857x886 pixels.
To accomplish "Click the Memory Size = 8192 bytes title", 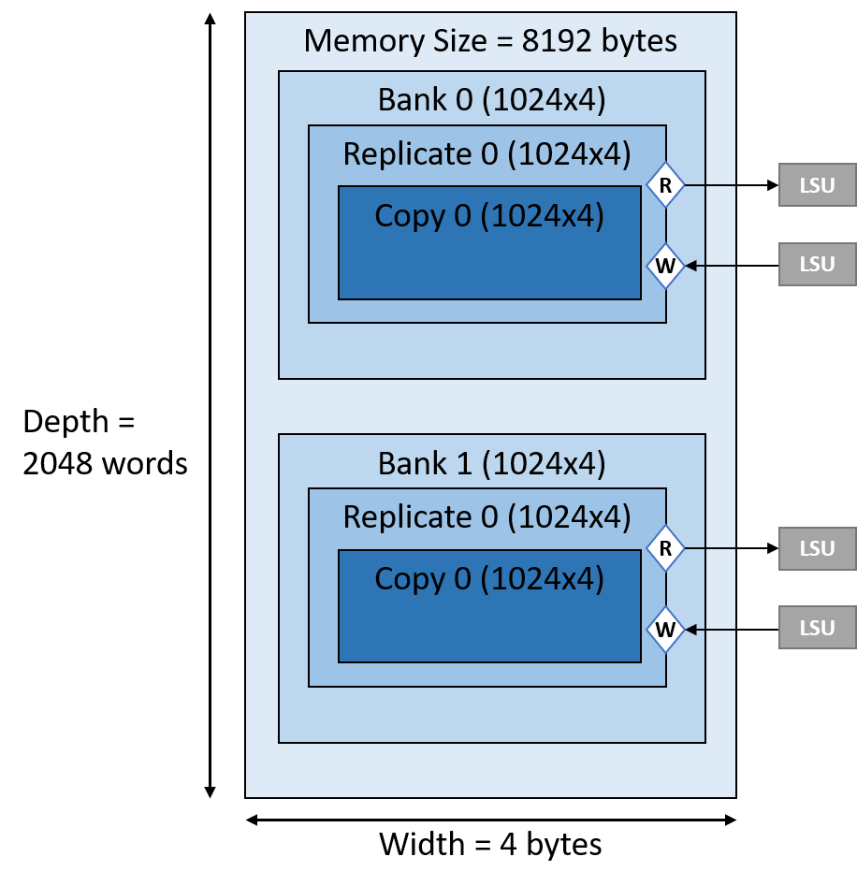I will [490, 41].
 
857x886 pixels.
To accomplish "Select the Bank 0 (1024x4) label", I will [491, 99].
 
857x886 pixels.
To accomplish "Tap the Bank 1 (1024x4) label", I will [491, 463].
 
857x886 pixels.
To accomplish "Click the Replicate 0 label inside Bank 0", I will [487, 153].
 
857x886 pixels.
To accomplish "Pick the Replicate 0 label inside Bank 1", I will [487, 516].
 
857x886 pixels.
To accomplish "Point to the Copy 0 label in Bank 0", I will [489, 216].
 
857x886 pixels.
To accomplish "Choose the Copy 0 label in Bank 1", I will [489, 579].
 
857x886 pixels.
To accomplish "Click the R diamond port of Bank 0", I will [665, 185].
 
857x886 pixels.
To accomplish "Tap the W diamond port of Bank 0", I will [665, 266].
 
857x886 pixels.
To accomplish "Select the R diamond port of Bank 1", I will [665, 548].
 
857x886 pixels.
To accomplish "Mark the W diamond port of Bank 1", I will [665, 629].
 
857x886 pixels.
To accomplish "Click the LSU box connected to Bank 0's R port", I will [817, 185].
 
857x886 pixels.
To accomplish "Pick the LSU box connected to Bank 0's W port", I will [817, 265].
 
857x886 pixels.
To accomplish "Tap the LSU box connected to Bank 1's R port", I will [817, 548].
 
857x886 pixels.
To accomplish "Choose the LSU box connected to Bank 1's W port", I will [817, 628].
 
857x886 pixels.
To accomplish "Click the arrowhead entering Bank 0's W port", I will [691, 266].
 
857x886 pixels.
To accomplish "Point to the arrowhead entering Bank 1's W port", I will [691, 629].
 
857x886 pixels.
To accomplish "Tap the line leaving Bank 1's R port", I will [711, 548].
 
